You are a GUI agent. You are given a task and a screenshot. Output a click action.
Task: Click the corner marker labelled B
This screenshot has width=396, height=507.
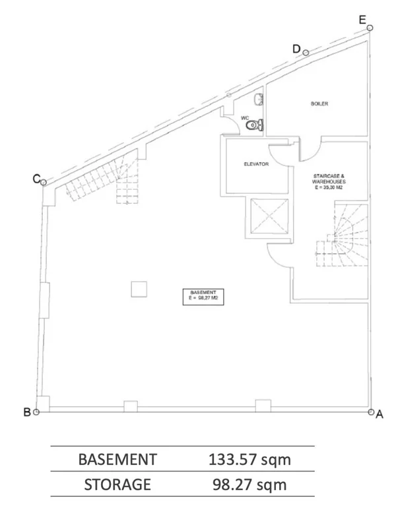tap(36, 412)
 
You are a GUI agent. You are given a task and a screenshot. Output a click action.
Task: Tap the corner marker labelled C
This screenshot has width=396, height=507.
tap(43, 182)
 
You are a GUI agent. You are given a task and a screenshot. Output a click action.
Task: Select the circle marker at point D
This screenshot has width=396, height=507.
tap(306, 52)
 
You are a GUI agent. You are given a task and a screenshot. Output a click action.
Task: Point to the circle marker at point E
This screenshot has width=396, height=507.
tap(371, 28)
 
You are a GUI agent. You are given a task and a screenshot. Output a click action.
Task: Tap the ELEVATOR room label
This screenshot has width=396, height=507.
tap(256, 164)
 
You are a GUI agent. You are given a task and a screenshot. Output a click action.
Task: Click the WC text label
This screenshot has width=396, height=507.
tap(244, 119)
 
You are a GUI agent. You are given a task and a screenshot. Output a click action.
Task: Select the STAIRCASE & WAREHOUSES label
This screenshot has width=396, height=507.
tap(329, 181)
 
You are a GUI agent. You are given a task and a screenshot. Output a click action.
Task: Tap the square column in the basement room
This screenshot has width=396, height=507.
tap(139, 288)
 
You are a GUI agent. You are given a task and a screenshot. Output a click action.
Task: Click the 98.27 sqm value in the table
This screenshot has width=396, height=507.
tap(251, 485)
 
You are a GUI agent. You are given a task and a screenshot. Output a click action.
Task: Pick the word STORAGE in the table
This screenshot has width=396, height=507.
tap(117, 485)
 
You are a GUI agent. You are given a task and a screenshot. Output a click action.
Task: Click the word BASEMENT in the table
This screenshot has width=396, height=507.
tap(117, 459)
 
